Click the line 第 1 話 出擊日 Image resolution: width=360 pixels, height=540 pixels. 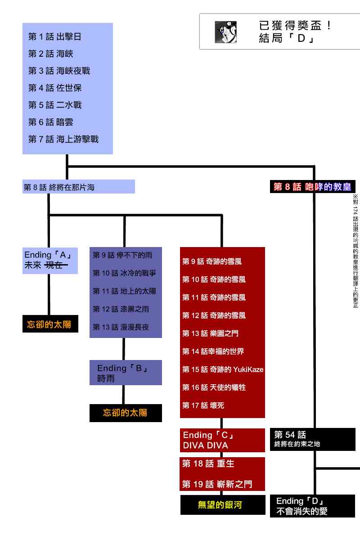coord(54,37)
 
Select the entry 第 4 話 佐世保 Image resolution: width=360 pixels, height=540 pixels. coord(54,88)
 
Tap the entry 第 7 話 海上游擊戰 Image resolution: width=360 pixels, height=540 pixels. coord(63,139)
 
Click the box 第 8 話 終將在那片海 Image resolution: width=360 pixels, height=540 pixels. coord(78,187)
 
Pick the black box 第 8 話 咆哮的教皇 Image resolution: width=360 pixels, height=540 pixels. coord(312,187)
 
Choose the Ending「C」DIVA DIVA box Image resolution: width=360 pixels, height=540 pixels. coord(222,440)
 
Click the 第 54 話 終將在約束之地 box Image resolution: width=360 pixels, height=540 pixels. coord(312,439)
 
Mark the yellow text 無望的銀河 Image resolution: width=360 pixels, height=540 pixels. coord(220,505)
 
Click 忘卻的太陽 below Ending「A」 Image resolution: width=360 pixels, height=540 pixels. coord(49,324)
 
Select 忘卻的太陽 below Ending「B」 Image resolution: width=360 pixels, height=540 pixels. coord(125,413)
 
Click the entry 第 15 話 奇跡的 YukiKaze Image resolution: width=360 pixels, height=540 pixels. coord(223,369)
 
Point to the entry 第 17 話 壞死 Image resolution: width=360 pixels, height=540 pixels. coord(203,405)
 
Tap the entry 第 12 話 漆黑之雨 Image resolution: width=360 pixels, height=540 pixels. coord(121,309)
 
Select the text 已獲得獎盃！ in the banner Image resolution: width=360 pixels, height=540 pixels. coord(296,26)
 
